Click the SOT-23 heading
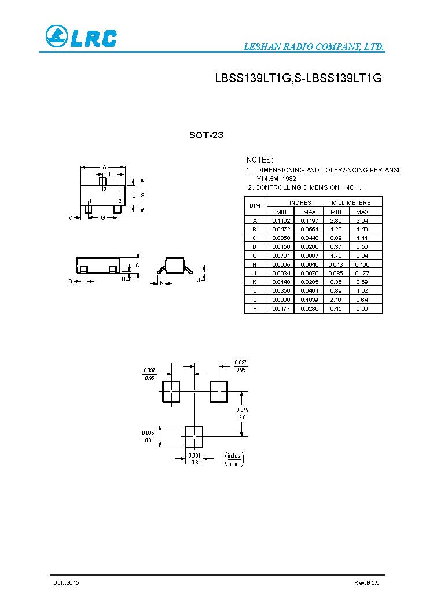[x=206, y=135]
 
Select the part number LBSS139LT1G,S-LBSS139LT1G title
[x=298, y=79]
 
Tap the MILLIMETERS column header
[x=351, y=202]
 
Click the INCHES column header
[x=300, y=202]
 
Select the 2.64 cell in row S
[x=362, y=300]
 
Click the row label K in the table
[x=255, y=282]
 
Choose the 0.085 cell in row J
[x=336, y=273]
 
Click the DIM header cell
[x=255, y=206]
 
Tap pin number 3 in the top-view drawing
[x=105, y=189]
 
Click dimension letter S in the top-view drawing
[x=142, y=196]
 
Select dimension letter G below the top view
[x=102, y=218]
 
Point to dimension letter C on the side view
[x=137, y=265]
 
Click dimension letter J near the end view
[x=198, y=280]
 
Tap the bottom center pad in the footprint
[x=194, y=436]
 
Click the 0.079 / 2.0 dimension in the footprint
[x=242, y=413]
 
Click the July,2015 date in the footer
[x=67, y=582]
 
